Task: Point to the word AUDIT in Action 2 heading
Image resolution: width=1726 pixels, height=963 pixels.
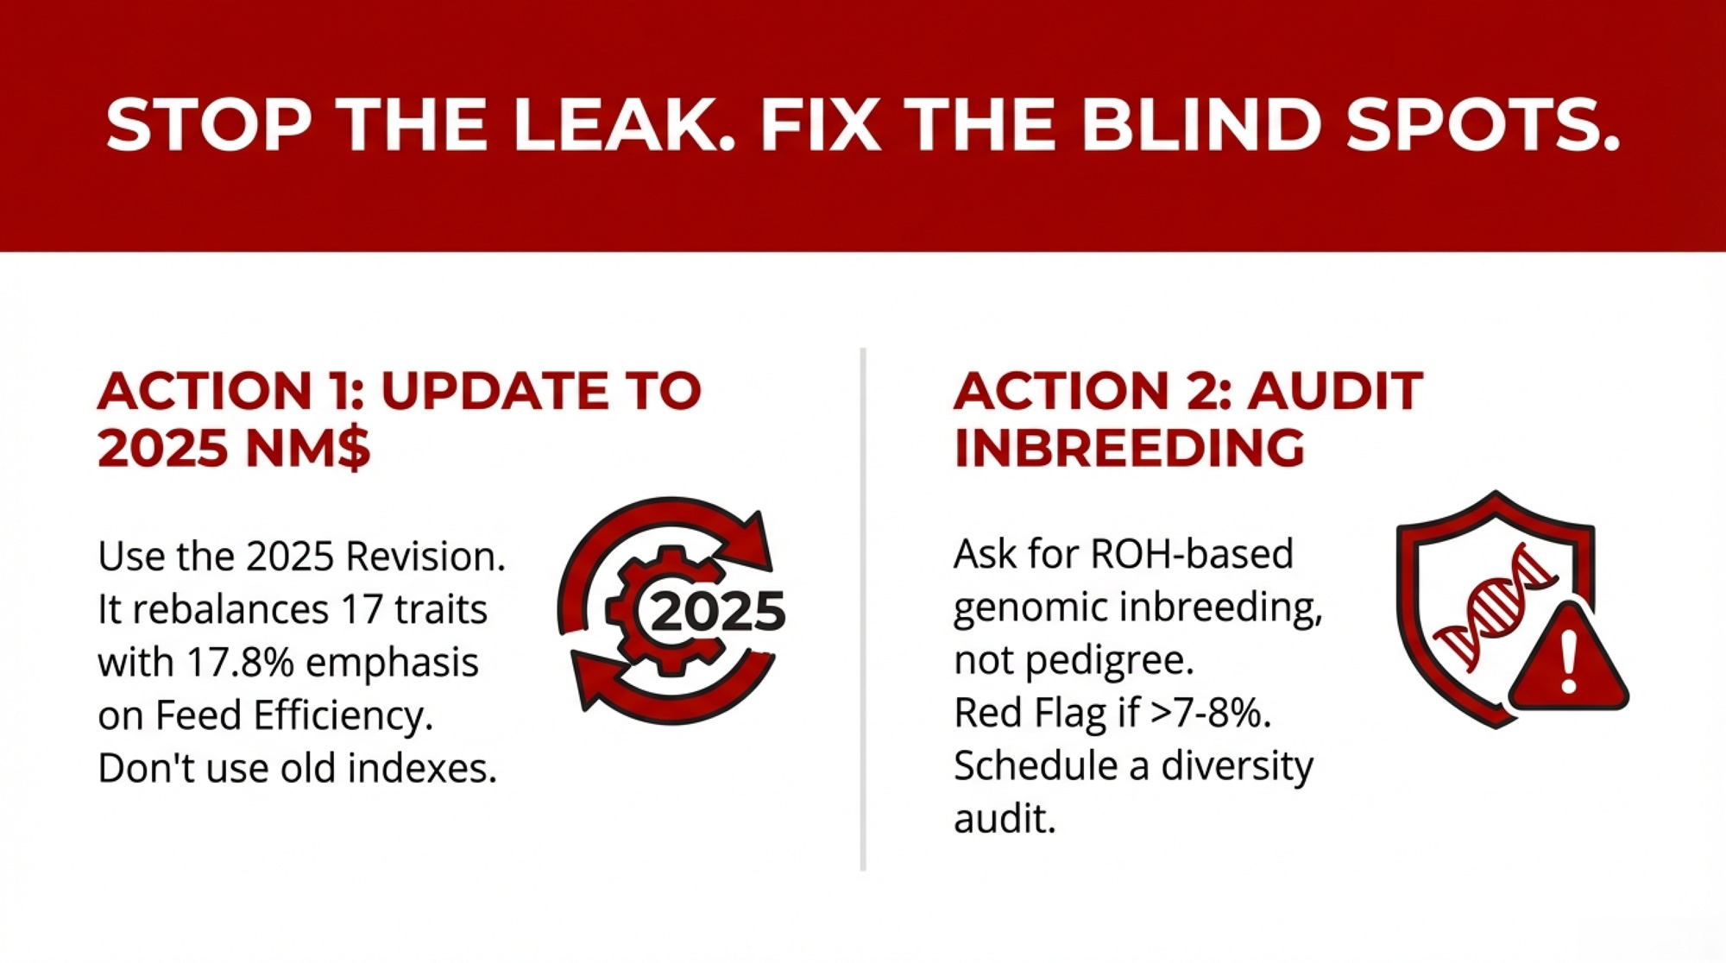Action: (x=1335, y=391)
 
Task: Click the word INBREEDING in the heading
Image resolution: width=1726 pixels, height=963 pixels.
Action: (x=1129, y=448)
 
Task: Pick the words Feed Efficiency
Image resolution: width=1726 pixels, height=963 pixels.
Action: (x=293, y=717)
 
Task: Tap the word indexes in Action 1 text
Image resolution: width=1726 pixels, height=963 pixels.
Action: (x=422, y=768)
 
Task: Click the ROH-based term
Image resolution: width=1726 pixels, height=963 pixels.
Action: (x=1192, y=555)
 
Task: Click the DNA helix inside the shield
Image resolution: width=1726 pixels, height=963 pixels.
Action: (x=1496, y=608)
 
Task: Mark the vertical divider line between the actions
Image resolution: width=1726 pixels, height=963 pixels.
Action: (x=863, y=609)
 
